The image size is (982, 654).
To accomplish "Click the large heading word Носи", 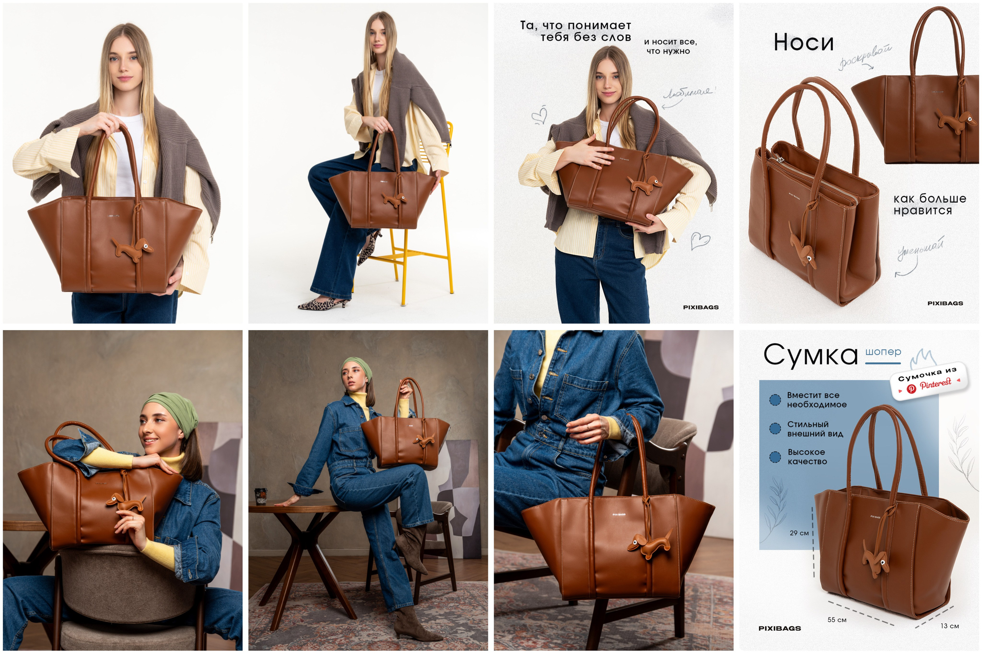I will (803, 43).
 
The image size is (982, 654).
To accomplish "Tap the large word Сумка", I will (810, 355).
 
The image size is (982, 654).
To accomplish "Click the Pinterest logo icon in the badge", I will (911, 388).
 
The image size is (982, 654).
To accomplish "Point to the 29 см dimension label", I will (799, 533).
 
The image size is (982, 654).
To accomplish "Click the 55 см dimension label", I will (837, 620).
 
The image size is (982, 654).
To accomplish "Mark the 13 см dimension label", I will (949, 626).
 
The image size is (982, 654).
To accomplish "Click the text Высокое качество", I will (807, 457).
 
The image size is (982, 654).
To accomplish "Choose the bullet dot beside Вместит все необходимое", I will (775, 399).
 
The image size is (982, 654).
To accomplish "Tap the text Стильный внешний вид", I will (815, 429).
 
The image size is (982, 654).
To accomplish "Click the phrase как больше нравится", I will (929, 204).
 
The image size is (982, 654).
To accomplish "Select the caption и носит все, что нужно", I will (670, 46).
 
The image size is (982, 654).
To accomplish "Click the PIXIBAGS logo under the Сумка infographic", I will (779, 629).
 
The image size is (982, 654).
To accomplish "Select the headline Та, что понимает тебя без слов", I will (576, 31).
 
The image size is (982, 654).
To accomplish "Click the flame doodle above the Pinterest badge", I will (922, 358).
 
